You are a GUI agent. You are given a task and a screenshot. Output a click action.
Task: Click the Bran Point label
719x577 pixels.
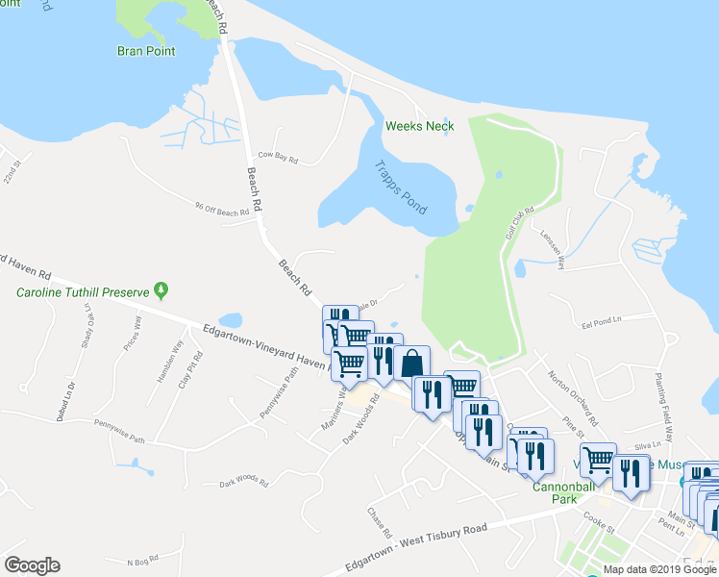[x=146, y=51]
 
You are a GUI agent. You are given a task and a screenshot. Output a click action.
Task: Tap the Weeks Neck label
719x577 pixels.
[x=419, y=126]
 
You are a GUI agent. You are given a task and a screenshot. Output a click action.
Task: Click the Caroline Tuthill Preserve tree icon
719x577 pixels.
[x=162, y=288]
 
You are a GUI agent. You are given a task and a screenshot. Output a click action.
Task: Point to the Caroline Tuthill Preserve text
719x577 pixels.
[x=80, y=290]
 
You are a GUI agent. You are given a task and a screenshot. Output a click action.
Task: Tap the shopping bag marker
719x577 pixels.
[x=411, y=364]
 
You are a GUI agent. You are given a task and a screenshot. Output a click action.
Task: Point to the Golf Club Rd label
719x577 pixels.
[x=519, y=222]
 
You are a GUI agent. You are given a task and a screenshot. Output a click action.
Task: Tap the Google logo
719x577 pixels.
[x=32, y=564]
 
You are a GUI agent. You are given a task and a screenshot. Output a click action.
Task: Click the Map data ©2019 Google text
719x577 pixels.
[x=658, y=569]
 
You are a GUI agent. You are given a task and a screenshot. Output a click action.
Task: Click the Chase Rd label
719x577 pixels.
[x=382, y=522]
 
